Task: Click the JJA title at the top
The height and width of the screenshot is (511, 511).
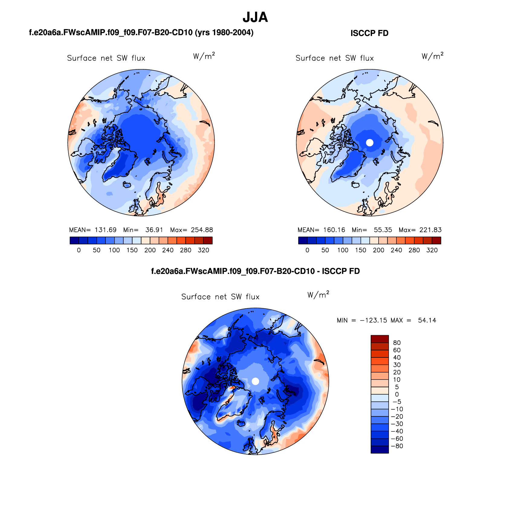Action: (255, 17)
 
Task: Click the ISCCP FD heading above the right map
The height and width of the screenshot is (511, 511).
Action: (369, 33)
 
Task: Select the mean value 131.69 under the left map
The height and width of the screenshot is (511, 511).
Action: (105, 230)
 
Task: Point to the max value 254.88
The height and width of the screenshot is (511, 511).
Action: (202, 230)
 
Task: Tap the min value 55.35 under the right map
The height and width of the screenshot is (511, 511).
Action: (383, 230)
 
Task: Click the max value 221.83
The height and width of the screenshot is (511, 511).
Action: (430, 230)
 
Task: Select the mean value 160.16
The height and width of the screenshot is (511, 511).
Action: (334, 230)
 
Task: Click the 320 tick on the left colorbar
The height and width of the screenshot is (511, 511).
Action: (203, 250)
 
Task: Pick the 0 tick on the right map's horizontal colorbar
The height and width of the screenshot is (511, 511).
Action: (307, 250)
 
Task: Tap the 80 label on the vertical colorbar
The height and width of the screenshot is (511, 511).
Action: (397, 343)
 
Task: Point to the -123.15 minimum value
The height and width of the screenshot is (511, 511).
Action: (374, 320)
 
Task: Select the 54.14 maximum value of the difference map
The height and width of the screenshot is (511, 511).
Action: (427, 320)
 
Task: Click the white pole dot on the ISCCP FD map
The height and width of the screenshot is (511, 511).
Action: (370, 143)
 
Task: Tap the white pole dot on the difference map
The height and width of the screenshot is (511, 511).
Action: (255, 381)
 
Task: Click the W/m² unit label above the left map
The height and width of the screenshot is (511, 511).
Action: (204, 56)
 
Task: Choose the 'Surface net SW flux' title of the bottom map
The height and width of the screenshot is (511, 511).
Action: (220, 297)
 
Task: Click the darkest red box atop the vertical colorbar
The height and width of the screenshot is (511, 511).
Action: (380, 339)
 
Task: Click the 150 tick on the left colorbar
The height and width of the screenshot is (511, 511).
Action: (132, 250)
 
